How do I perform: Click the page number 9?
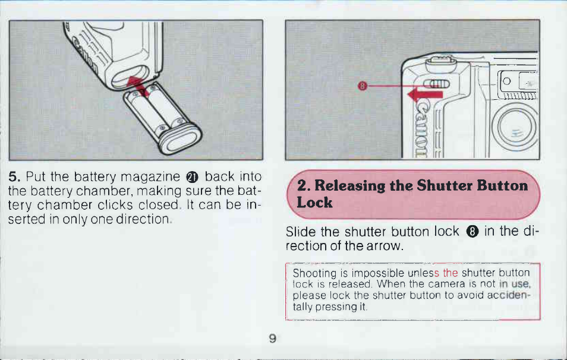[x=273, y=338]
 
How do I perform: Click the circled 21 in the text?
[x=192, y=177]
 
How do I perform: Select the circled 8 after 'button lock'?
[x=472, y=231]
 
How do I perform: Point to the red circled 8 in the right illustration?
[x=363, y=86]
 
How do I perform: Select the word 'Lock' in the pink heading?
[x=314, y=202]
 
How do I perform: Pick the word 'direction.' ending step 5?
[x=143, y=219]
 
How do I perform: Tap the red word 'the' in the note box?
[x=450, y=273]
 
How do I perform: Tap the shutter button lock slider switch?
[x=436, y=84]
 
